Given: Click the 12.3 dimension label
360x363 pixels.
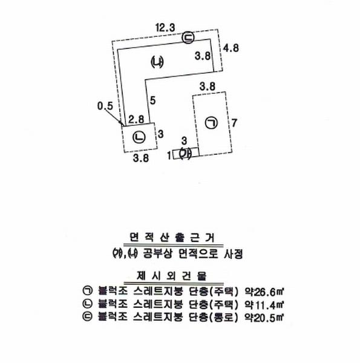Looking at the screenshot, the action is pos(165,28).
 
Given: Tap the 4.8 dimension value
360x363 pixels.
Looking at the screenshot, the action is pos(231,48).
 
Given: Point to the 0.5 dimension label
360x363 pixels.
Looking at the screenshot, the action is pos(105,106).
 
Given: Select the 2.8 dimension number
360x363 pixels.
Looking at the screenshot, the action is pos(136,119).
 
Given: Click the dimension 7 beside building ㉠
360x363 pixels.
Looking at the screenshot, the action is pos(234,123).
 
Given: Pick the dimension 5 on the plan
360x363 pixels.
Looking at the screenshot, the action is pos(152,100).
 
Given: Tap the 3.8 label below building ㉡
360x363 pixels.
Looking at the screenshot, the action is pos(141,158).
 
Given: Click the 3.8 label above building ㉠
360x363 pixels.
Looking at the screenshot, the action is pos(208,87).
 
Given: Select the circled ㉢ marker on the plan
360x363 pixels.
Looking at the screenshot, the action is pos(188,38).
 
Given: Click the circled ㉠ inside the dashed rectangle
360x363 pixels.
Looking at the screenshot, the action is pos(211,123).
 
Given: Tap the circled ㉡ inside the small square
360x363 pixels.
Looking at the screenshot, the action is pos(139,137).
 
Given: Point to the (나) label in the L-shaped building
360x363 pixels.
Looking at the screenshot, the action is pos(157,62).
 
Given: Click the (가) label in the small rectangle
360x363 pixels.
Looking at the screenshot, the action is pos(186,153).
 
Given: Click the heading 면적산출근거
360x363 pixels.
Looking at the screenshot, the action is pos(172,238).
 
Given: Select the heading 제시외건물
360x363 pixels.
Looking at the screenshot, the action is pos(172,276).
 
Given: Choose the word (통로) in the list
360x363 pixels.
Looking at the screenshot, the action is pos(223,318).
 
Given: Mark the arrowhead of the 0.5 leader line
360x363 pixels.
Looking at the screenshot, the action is pos(121,122).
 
